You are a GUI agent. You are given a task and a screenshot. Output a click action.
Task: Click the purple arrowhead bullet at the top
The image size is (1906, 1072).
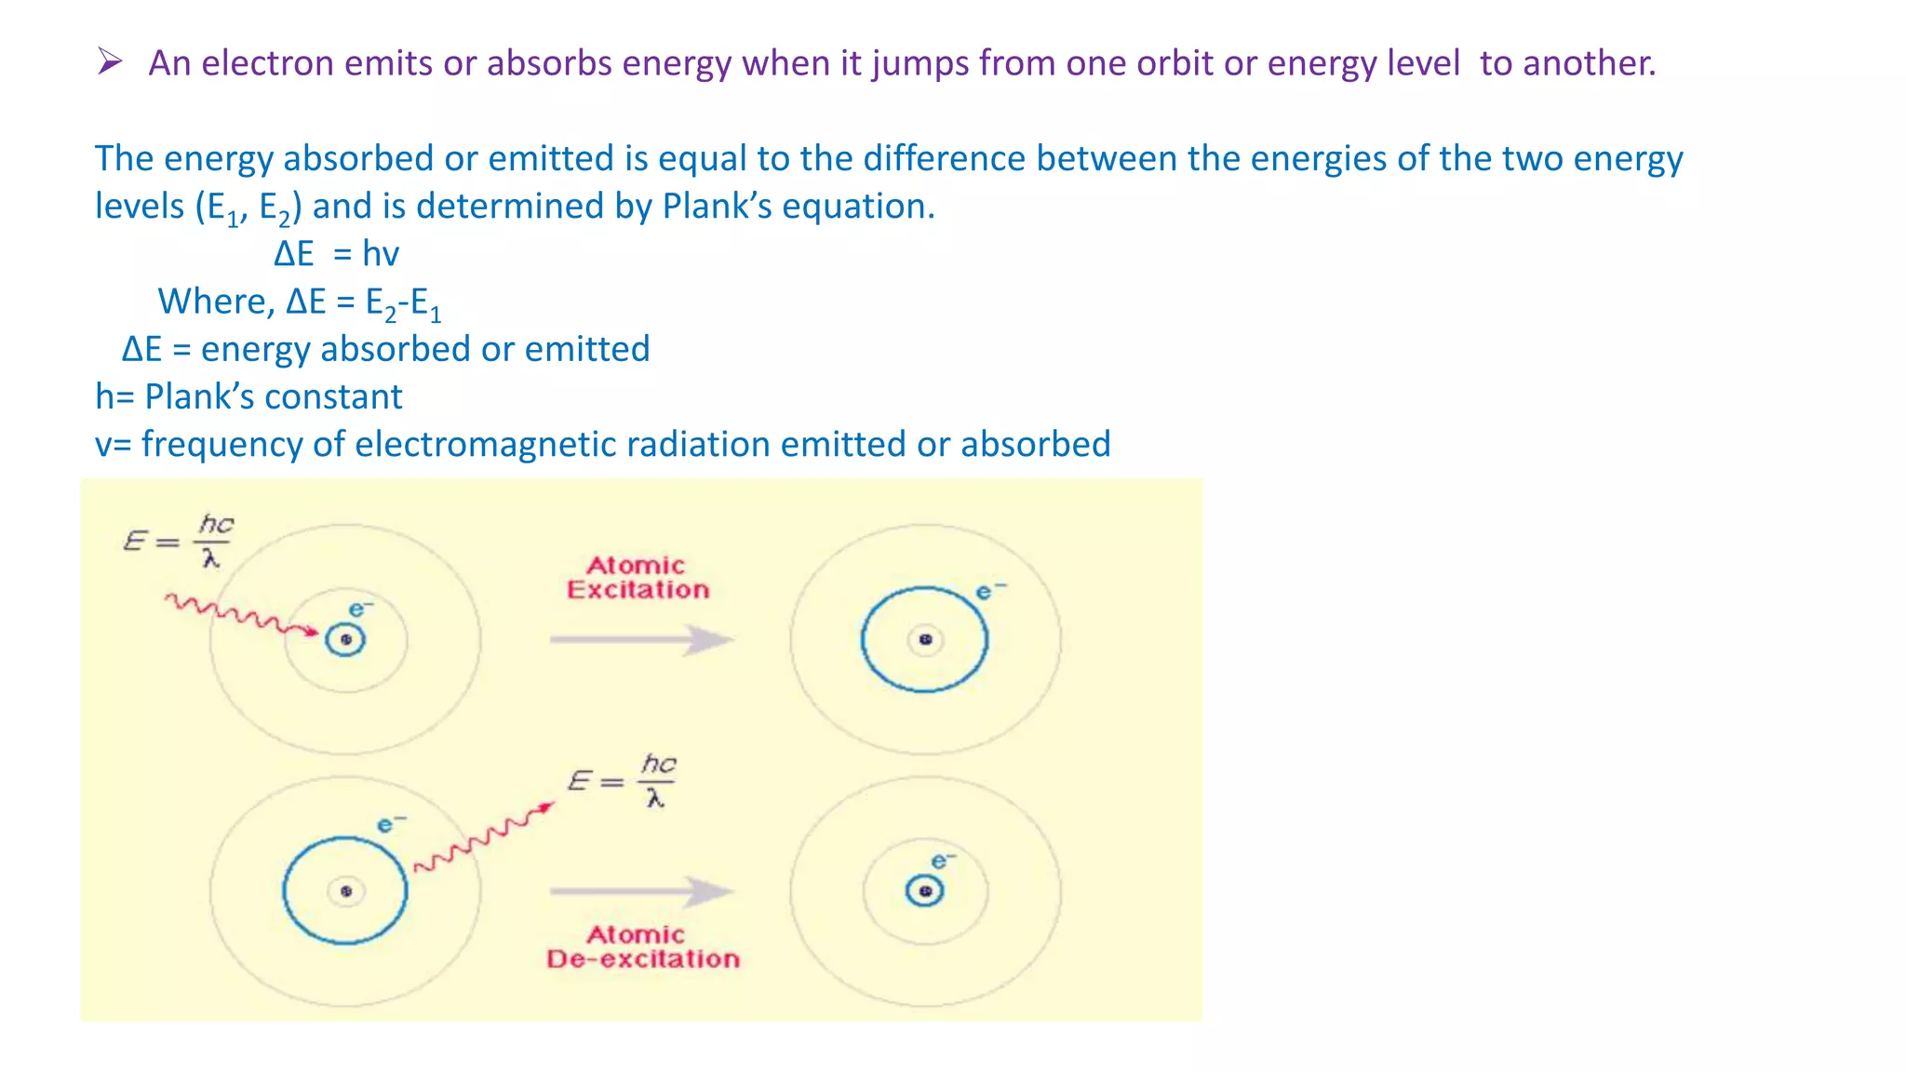(110, 62)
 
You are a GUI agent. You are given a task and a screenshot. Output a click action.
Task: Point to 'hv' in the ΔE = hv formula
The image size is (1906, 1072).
(381, 254)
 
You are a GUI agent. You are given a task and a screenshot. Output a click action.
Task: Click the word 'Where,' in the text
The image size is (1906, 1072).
(216, 301)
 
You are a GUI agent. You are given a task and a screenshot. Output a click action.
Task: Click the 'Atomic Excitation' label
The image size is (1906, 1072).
(638, 578)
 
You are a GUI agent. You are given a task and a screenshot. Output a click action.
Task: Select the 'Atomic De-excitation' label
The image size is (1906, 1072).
(642, 946)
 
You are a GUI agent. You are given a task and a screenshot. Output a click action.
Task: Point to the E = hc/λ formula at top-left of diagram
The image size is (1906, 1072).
(178, 541)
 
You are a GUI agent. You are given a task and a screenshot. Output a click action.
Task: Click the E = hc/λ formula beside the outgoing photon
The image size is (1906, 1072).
(622, 781)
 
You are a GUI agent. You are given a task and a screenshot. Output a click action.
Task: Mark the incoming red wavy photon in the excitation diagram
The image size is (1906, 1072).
(240, 615)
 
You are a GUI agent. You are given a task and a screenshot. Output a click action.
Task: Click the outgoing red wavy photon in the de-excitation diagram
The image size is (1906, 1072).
(483, 837)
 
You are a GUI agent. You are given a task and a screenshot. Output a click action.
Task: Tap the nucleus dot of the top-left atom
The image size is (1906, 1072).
(345, 639)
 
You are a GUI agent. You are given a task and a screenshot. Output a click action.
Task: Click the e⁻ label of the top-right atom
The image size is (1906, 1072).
(989, 592)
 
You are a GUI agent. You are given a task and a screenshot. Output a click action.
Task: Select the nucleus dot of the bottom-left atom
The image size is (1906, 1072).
(345, 891)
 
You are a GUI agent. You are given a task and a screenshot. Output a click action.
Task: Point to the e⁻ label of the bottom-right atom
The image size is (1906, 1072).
(943, 862)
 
